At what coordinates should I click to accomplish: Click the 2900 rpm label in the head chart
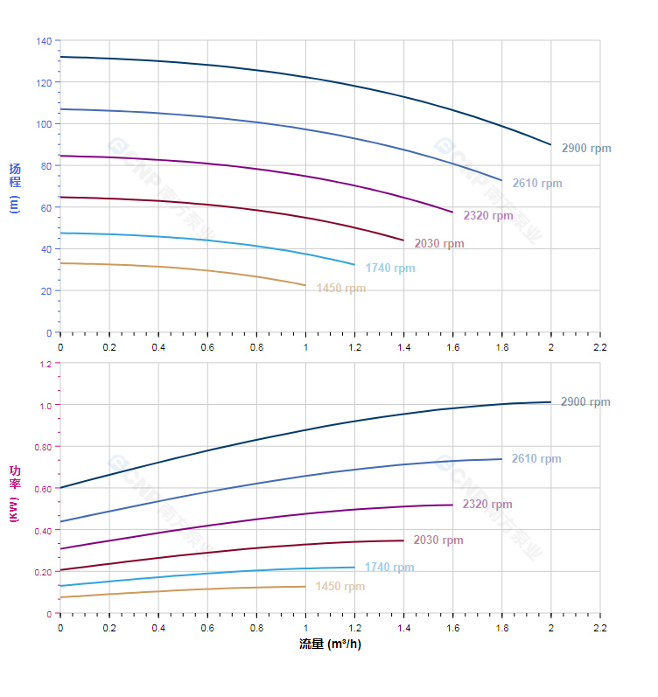point(586,149)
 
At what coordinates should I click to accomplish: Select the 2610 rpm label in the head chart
point(537,184)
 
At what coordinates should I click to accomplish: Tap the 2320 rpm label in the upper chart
point(488,215)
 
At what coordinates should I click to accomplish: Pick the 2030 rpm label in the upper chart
point(439,244)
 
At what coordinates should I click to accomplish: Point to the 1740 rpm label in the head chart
point(390,268)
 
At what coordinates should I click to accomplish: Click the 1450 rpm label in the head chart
point(341,289)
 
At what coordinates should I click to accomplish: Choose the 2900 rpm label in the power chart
point(585,402)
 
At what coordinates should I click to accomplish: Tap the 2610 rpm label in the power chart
point(536,459)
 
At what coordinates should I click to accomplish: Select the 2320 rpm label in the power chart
point(487,505)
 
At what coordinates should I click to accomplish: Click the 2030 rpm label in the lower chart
point(438,540)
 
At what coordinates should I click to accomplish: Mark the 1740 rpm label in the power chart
point(389,568)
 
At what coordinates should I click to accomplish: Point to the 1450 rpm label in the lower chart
point(340,587)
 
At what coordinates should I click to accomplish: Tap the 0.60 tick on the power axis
point(43,489)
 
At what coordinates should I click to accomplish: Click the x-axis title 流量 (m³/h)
point(330,645)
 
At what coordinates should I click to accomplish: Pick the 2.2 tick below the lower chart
point(600,629)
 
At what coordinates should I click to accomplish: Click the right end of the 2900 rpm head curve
point(551,145)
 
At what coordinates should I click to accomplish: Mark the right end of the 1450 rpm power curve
point(305,587)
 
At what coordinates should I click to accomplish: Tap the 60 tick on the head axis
point(45,207)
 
